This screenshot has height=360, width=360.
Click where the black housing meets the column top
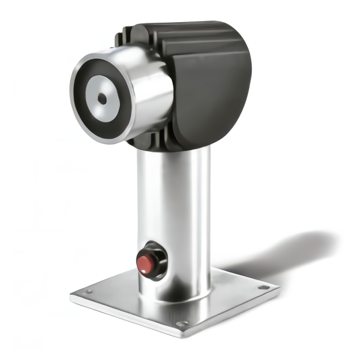[174, 149]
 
